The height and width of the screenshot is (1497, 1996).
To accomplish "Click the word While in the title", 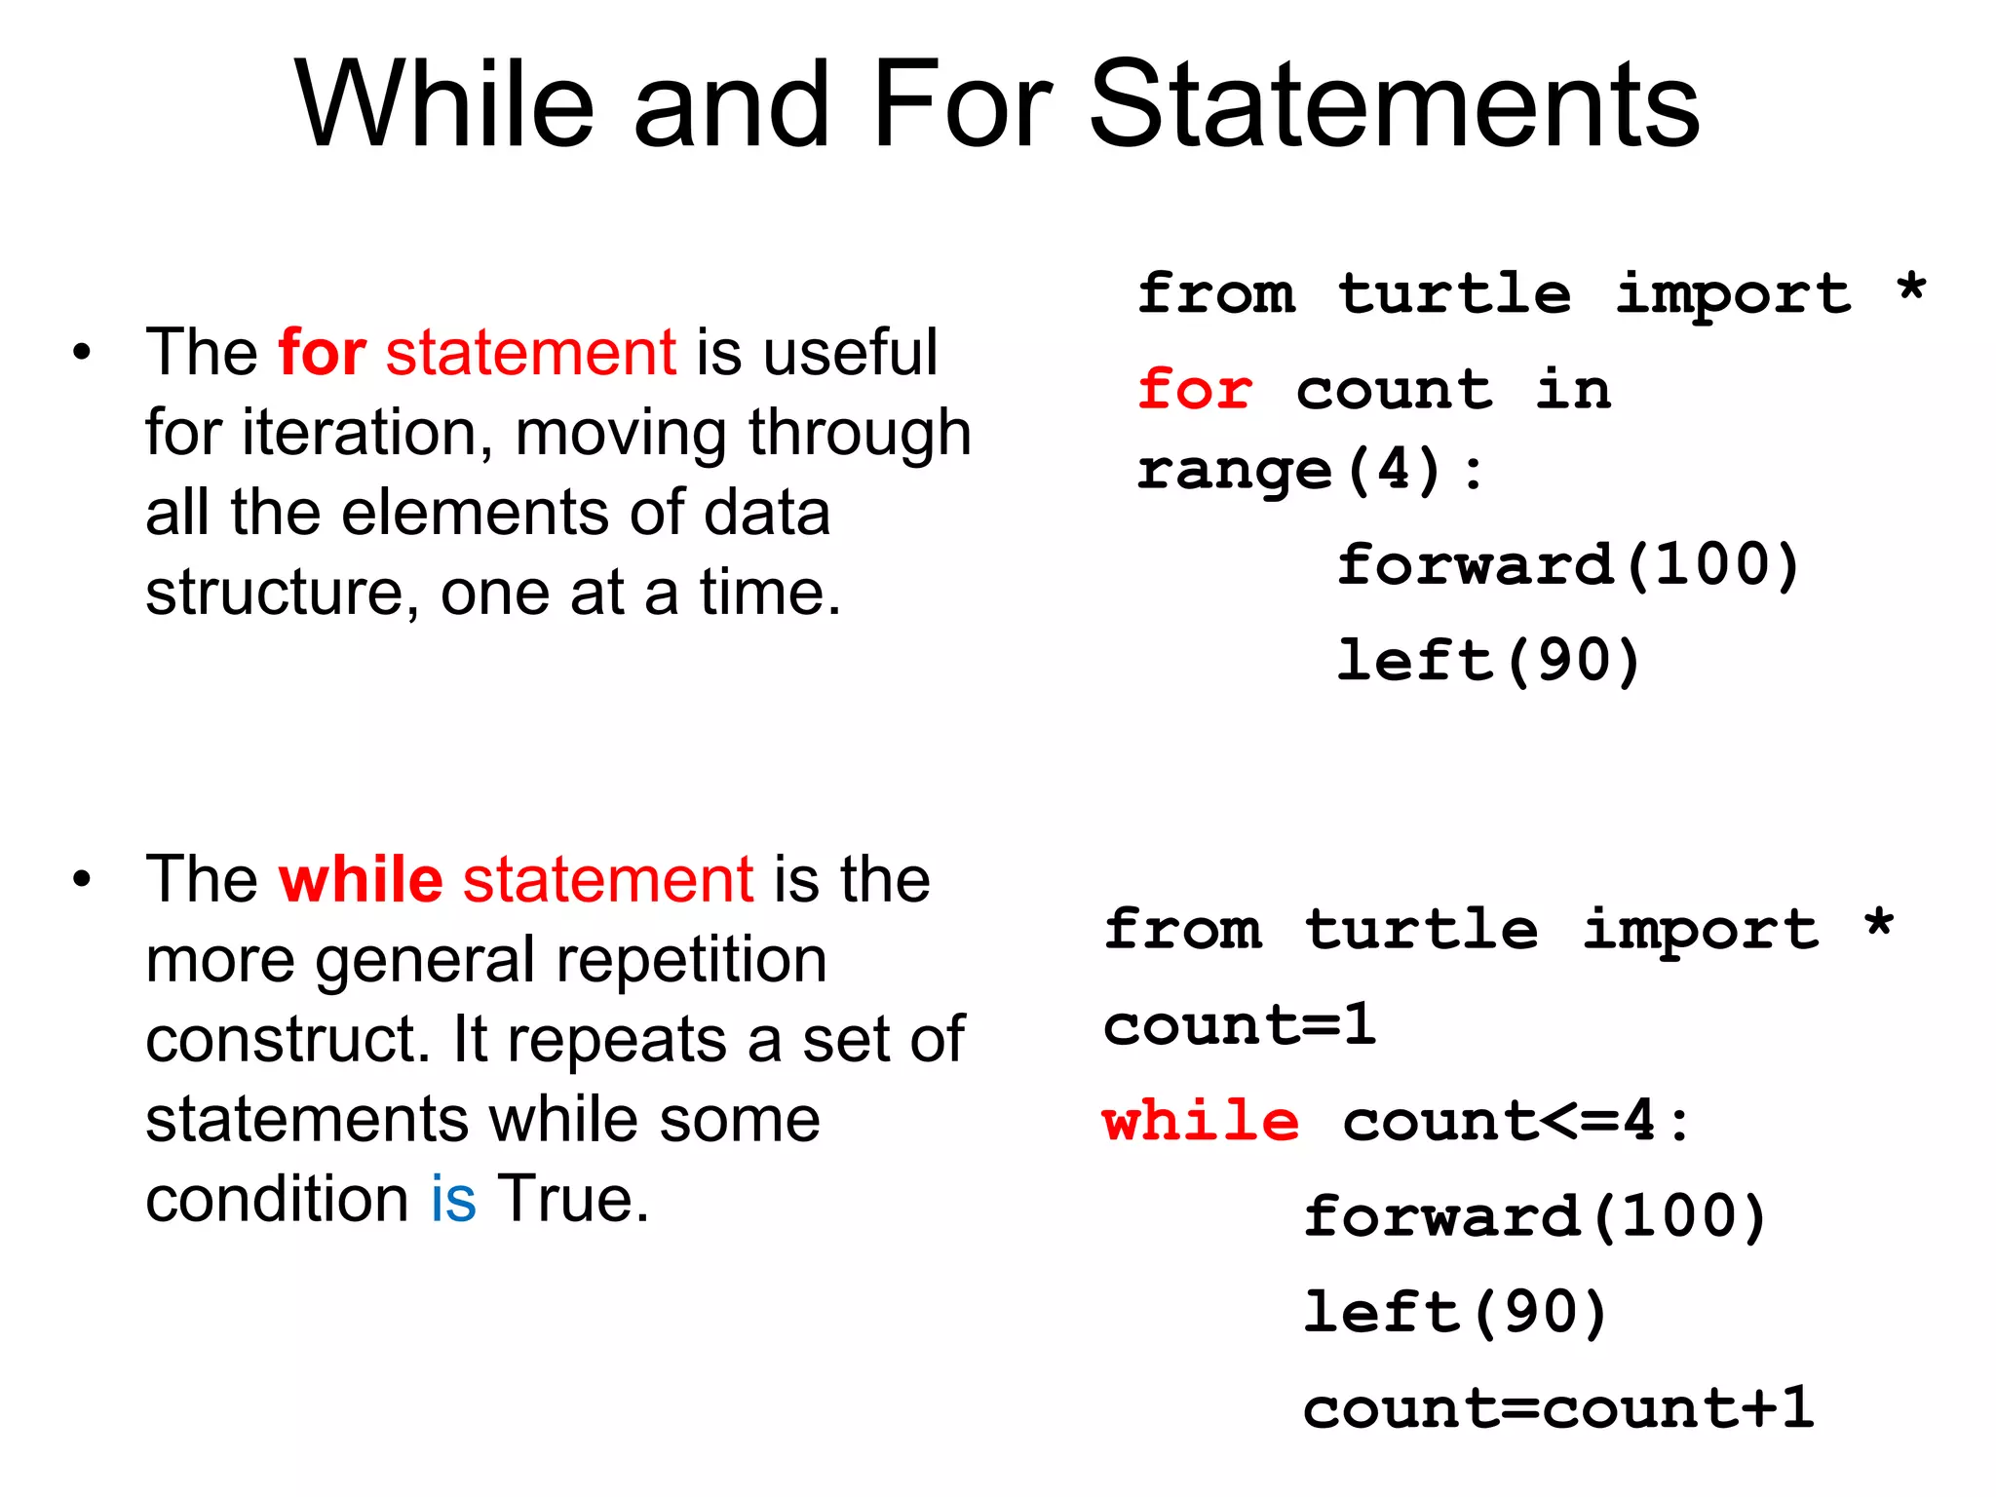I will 444,104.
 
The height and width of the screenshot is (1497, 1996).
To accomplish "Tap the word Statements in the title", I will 1394,104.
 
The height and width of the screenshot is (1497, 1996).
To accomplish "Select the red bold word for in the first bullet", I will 322,352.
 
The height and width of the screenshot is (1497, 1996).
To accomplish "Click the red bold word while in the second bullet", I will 361,879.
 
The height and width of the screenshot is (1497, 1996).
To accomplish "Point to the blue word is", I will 453,1198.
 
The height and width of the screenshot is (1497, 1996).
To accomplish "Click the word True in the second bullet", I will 572,1198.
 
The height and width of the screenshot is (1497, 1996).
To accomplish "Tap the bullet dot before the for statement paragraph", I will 82,352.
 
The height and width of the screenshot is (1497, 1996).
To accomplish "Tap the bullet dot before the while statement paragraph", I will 82,879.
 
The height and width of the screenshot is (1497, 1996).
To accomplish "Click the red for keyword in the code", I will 1195,390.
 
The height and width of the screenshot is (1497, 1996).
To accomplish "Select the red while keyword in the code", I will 1201,1121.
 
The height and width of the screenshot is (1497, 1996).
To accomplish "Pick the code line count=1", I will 1239,1025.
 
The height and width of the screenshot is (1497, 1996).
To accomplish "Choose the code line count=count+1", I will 1557,1408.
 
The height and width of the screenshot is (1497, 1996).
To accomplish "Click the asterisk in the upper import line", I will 1911,288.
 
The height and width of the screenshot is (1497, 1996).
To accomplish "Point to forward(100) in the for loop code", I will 1567,565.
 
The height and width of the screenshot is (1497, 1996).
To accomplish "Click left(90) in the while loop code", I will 1455,1313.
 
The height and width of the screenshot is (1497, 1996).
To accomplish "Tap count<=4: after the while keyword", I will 1516,1121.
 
